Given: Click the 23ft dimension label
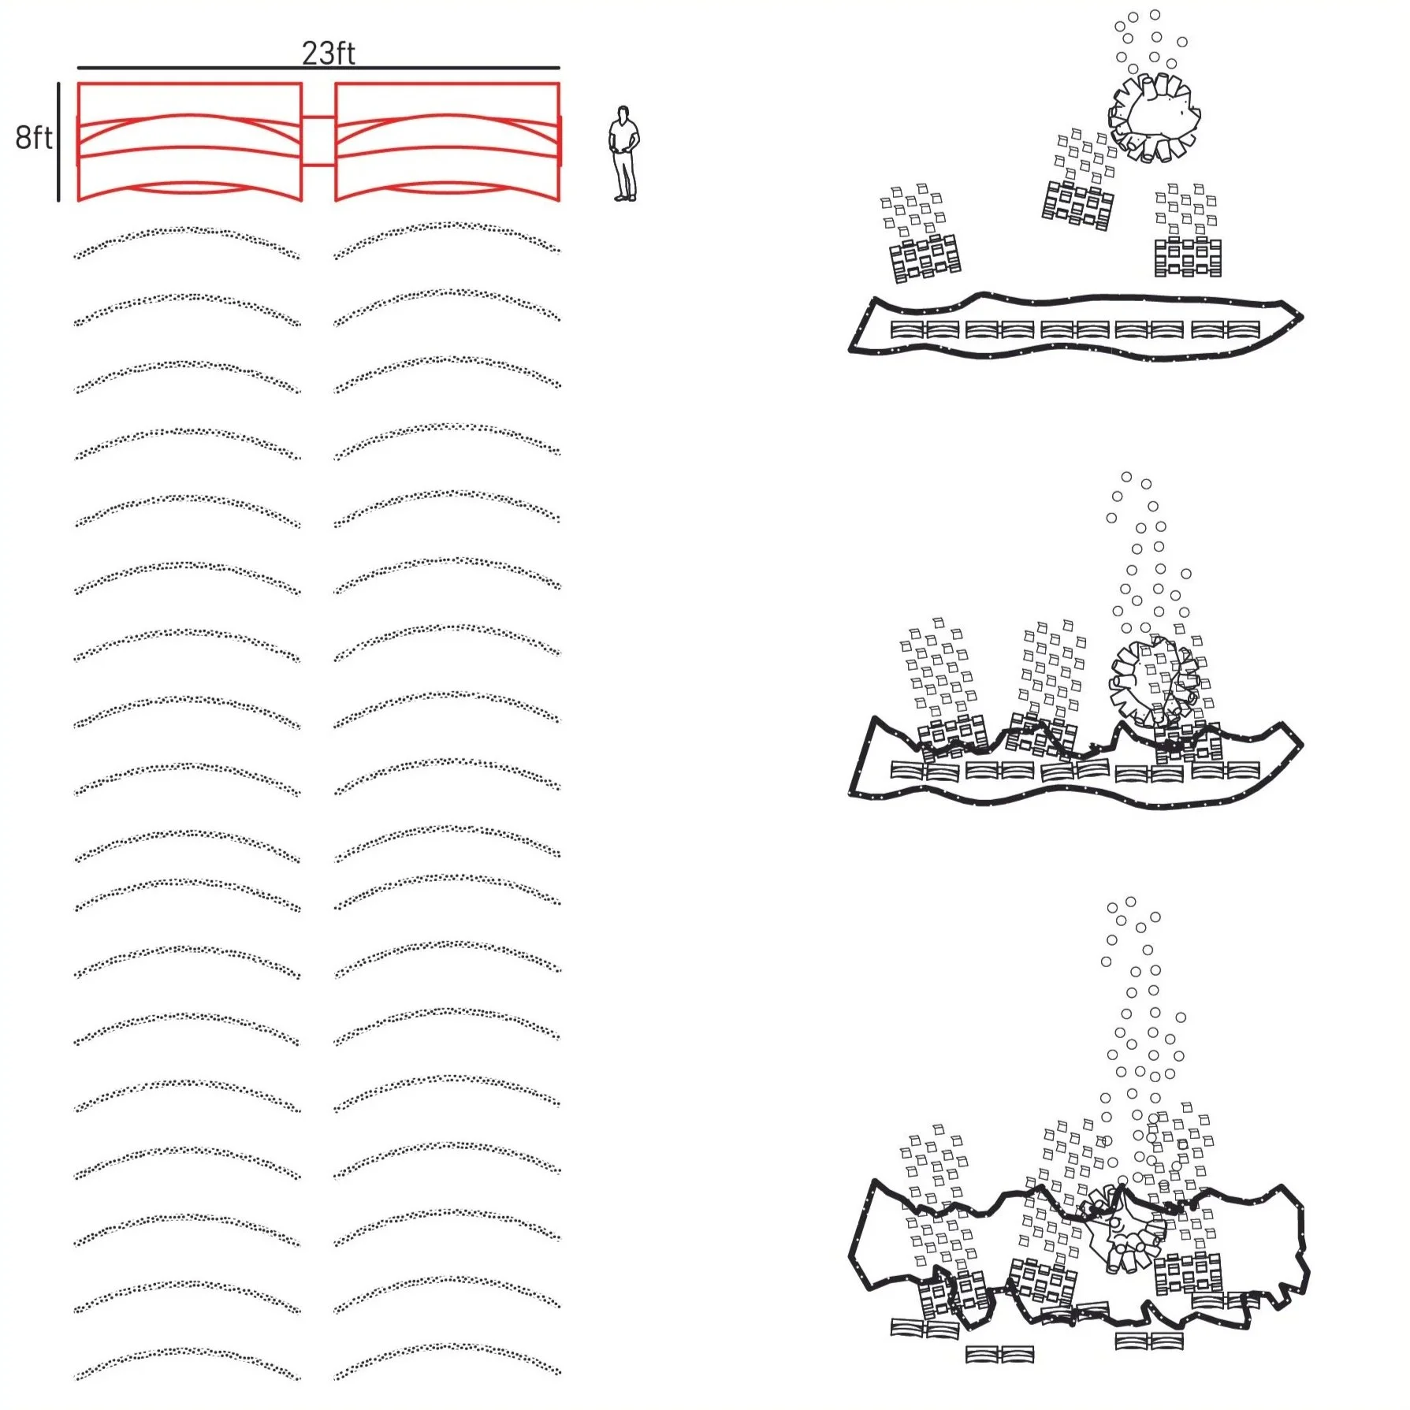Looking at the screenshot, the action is (328, 53).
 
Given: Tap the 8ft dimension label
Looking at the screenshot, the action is (33, 137).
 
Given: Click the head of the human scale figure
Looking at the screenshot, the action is (624, 113).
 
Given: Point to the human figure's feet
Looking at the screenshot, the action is (625, 197).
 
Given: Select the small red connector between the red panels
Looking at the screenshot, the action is (318, 140).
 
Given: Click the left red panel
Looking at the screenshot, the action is (189, 141).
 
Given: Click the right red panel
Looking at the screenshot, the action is (447, 141).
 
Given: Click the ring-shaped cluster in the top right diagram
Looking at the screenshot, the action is (1155, 117).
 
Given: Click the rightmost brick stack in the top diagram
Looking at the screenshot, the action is (1188, 257).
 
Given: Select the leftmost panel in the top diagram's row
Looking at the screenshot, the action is (907, 329).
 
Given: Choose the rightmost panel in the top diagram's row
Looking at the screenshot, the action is (1243, 329).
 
